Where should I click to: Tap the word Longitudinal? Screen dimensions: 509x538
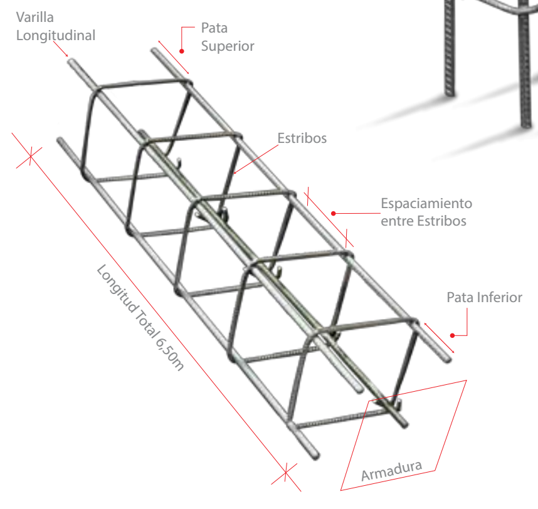tap(56, 35)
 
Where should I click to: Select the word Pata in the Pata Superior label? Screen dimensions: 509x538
tap(214, 28)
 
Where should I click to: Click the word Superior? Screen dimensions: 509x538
tap(228, 46)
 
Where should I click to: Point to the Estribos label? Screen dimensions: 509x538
tap(302, 139)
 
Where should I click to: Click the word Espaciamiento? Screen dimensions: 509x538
tap(426, 204)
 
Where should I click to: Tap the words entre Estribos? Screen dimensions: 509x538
tap(423, 221)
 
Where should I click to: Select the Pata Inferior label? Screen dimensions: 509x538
tap(484, 297)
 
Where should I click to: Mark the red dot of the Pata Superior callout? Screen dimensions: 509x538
tap(182, 51)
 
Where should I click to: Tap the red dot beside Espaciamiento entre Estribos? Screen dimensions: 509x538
tap(334, 213)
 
